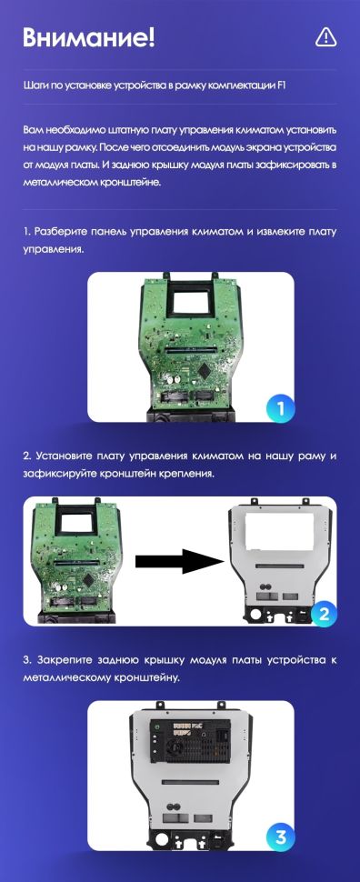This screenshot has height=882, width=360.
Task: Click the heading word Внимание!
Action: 88,38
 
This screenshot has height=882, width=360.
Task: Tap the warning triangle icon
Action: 326,37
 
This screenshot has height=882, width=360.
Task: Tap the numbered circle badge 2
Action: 324,613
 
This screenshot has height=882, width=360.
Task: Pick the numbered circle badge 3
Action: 281,837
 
